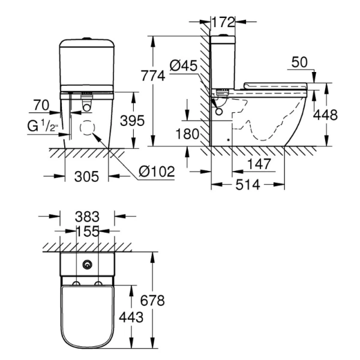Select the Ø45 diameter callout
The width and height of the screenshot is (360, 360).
[184, 66]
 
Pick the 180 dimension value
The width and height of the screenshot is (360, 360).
[187, 133]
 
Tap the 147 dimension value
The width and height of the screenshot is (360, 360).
[259, 164]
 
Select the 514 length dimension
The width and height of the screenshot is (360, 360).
[248, 185]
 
